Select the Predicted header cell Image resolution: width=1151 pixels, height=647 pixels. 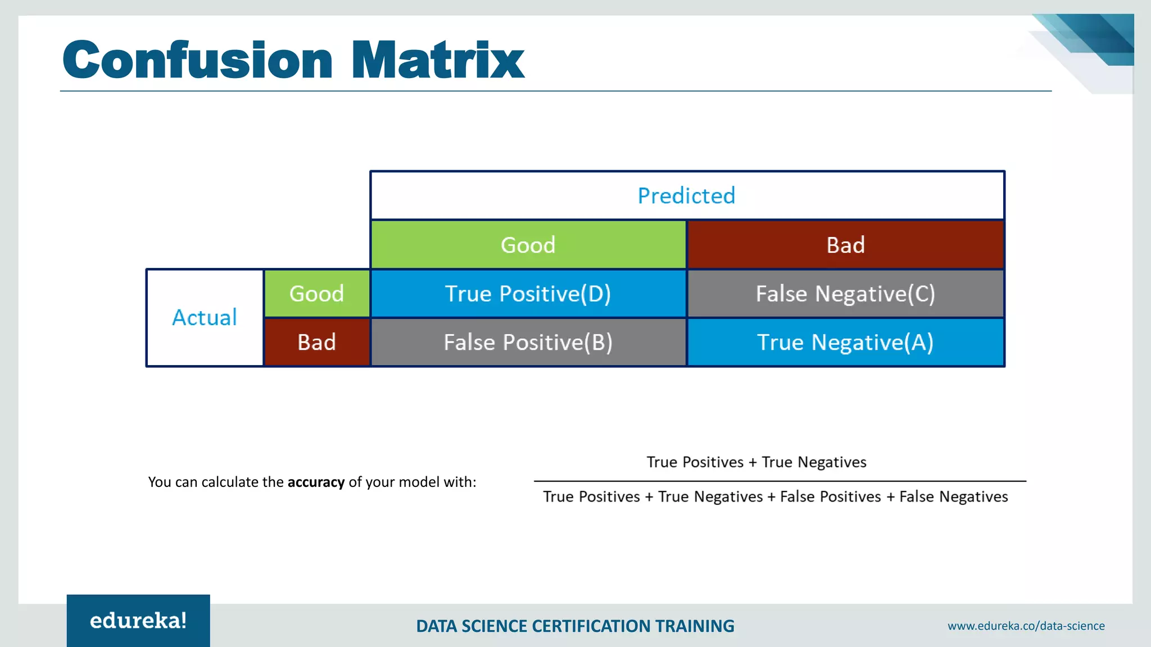click(x=687, y=195)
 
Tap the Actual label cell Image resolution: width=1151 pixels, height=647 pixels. click(x=205, y=318)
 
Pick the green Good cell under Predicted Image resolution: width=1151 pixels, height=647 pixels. click(x=528, y=245)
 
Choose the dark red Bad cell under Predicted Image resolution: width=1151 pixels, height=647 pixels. click(x=845, y=245)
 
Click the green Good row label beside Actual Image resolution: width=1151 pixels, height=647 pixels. click(x=316, y=294)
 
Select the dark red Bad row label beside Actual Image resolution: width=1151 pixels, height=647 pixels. click(x=316, y=342)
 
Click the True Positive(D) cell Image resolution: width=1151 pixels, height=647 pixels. click(x=528, y=294)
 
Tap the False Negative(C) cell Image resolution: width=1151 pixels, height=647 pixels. click(x=845, y=294)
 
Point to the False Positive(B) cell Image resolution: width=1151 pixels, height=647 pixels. click(x=528, y=342)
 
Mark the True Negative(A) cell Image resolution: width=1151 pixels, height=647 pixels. click(x=845, y=342)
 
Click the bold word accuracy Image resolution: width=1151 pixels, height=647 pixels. click(x=316, y=482)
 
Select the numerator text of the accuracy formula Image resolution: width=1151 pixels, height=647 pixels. click(x=756, y=462)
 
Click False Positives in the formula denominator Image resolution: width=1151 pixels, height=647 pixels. click(x=830, y=496)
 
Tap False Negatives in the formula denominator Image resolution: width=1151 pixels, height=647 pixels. click(x=953, y=496)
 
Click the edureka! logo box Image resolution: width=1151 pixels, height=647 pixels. click(x=138, y=621)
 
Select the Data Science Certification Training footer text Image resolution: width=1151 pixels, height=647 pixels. click(x=575, y=626)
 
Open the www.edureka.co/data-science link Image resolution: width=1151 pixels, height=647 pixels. click(x=1026, y=626)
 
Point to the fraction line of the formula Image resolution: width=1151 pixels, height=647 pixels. click(x=780, y=481)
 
